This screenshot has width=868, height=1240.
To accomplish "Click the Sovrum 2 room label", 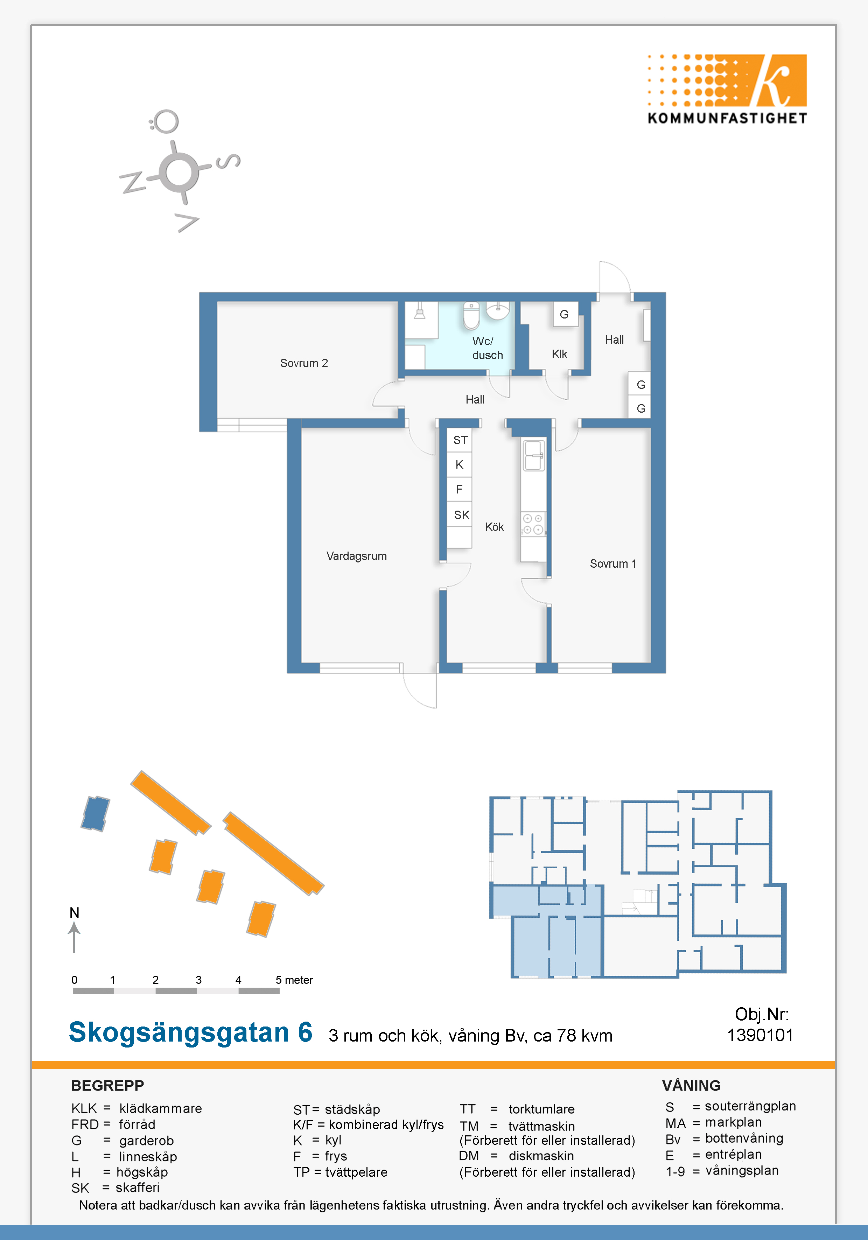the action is click(303, 363).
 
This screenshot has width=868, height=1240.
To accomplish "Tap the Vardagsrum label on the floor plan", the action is click(357, 556).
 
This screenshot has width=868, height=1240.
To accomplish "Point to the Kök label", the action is click(494, 527).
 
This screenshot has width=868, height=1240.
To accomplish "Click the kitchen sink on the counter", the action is click(533, 455).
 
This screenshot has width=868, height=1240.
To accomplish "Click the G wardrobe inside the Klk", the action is click(565, 314).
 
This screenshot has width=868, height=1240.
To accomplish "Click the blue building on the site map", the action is click(95, 813).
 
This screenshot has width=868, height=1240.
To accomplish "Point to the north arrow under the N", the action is click(74, 937).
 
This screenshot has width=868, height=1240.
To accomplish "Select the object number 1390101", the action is click(760, 1035).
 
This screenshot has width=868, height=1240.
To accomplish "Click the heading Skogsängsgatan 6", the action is click(191, 1032).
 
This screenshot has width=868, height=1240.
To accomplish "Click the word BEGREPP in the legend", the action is click(107, 1086).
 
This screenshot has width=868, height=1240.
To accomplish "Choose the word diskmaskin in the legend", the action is click(541, 1156).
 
